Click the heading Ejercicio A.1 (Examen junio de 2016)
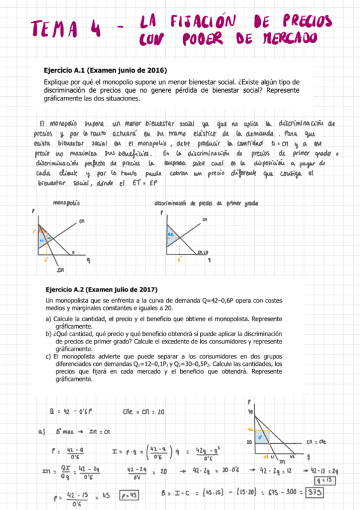105,70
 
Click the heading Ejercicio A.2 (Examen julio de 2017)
105,288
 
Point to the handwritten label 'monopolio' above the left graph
67,203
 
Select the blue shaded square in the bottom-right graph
260,436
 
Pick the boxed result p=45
129,496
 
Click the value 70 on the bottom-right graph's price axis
251,412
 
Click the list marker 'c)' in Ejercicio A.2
49,357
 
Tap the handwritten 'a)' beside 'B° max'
42,431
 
